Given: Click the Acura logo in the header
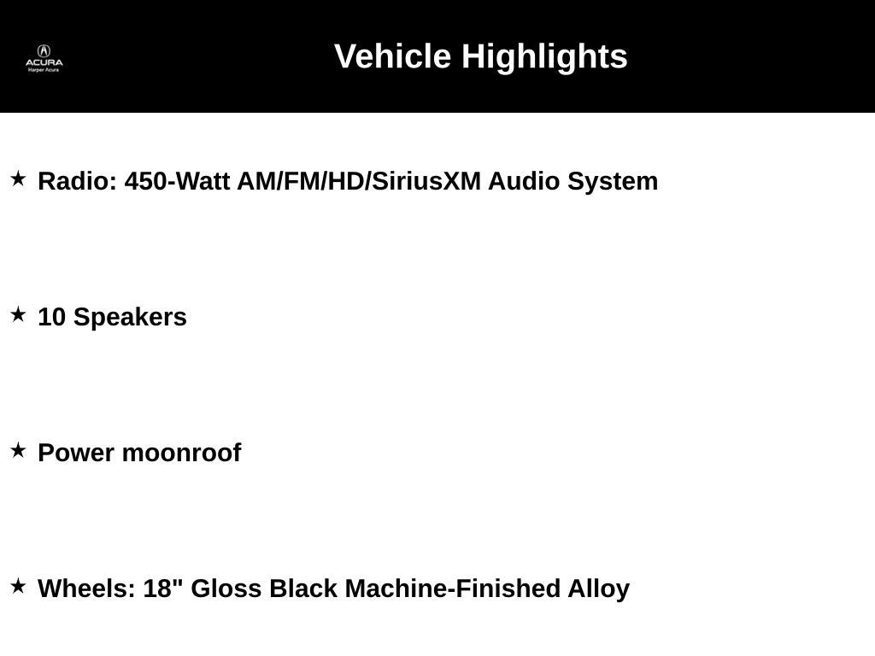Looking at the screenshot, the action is [44, 58].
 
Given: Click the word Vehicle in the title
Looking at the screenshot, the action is [393, 56].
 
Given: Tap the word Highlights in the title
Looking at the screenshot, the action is [544, 57].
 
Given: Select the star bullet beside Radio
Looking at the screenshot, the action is [19, 179].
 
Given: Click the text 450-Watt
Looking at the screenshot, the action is [177, 181].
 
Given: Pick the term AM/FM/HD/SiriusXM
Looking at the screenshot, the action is [359, 181].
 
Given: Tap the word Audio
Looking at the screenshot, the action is [524, 181].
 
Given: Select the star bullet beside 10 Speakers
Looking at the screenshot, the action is [19, 314].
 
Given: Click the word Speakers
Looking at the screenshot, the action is [130, 318].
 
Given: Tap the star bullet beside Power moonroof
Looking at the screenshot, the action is [19, 451].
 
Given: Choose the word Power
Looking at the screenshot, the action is [76, 453].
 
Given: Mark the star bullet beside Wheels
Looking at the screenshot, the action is [19, 586].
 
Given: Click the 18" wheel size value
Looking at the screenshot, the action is [163, 588].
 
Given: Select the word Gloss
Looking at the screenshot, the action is [226, 589].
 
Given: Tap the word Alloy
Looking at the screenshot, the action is [599, 589].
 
